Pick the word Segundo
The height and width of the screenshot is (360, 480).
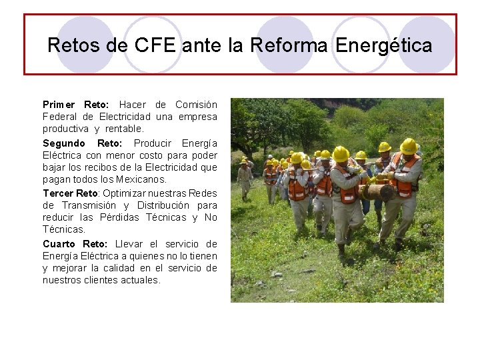pyautogui.click(x=64, y=143)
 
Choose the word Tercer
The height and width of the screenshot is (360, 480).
pyautogui.click(x=59, y=193)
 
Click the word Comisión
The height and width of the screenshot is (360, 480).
pyautogui.click(x=196, y=105)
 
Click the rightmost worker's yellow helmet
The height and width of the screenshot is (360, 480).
pyautogui.click(x=408, y=146)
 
